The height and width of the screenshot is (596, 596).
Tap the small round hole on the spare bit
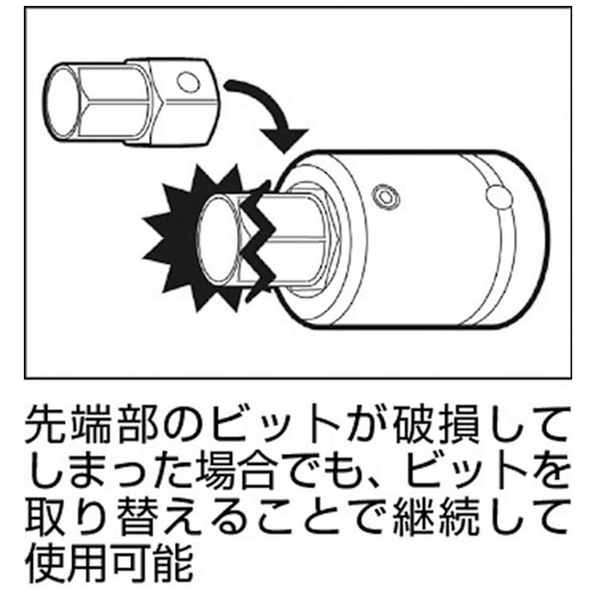pos(188,82)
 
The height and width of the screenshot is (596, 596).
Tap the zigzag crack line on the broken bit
pos(259,241)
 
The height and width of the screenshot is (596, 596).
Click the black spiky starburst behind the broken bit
pos(198,240)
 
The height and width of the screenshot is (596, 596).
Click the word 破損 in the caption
pos(436,424)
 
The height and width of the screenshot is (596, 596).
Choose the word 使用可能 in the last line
pos(110,564)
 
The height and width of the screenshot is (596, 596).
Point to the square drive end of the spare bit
pos(182,102)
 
